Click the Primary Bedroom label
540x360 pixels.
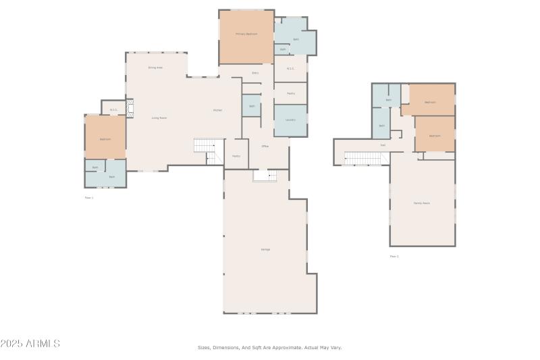coord(246,34)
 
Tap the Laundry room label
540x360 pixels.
coord(290,120)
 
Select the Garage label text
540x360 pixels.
coord(265,249)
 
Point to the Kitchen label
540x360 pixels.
coord(217,110)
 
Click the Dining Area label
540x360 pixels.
coord(155,68)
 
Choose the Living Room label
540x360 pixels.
coord(159,118)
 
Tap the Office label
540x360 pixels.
coord(265,146)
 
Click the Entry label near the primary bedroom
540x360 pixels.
coord(255,73)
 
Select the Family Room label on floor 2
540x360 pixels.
coord(422,203)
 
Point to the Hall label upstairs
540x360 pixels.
coord(383,145)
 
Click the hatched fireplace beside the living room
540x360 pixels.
coord(132,108)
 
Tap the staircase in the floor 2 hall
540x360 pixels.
coord(365,158)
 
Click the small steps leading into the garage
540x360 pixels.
coord(265,176)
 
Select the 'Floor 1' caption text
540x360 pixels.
coord(89,198)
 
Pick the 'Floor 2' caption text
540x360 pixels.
coord(394,257)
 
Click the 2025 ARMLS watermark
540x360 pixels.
coord(30,344)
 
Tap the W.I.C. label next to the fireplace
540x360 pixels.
coord(113,110)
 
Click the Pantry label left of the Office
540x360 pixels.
coord(236,156)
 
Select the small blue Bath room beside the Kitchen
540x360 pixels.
coord(251,106)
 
